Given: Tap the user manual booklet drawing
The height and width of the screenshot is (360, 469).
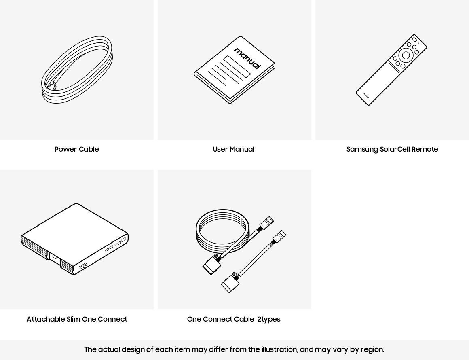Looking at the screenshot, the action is pyautogui.click(x=234, y=70).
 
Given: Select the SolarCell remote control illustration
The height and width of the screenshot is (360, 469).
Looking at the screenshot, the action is pyautogui.click(x=391, y=70).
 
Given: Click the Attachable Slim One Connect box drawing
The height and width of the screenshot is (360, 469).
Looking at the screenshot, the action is pyautogui.click(x=74, y=239).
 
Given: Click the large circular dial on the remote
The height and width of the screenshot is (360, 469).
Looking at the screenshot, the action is pyautogui.click(x=406, y=55).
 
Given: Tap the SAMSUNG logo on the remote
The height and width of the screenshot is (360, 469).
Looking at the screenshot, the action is pyautogui.click(x=366, y=95).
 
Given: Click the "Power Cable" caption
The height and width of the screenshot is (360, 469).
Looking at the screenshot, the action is pyautogui.click(x=76, y=149).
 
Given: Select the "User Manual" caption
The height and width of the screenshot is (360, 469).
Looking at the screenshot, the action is pyautogui.click(x=234, y=149).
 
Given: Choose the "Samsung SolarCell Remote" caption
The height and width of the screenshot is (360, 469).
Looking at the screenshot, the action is pyautogui.click(x=392, y=149).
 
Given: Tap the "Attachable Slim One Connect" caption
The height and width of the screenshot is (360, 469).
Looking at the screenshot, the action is pyautogui.click(x=77, y=319).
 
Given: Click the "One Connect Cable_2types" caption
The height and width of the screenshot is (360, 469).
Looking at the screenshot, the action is pyautogui.click(x=234, y=319).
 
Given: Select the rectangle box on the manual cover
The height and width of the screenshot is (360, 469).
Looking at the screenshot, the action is pyautogui.click(x=237, y=66).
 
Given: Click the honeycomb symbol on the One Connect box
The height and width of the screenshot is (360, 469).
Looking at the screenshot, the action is pyautogui.click(x=83, y=265).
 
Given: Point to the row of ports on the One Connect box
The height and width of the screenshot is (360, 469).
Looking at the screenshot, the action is pyautogui.click(x=116, y=244).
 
